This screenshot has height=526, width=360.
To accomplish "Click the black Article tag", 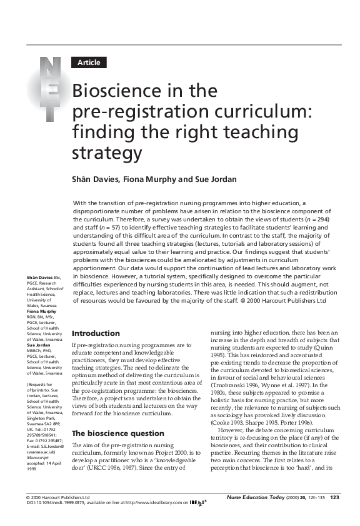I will point(90,63).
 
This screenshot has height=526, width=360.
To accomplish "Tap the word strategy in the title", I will point(107,153).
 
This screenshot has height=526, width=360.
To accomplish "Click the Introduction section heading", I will point(96,333).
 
